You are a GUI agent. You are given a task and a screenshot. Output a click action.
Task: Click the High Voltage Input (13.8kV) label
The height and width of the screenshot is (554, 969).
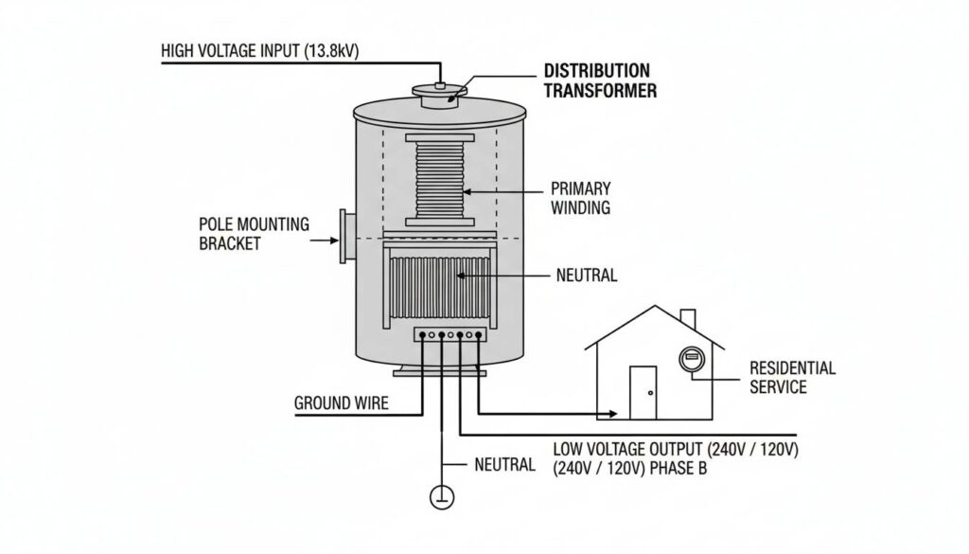pos(260,51)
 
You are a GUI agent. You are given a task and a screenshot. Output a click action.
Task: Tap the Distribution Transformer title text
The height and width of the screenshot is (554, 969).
pos(597,81)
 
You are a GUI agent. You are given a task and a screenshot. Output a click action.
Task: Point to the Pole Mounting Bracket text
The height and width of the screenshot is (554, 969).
pos(254,234)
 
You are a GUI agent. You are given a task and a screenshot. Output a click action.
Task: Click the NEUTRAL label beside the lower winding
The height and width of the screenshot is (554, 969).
pos(586,277)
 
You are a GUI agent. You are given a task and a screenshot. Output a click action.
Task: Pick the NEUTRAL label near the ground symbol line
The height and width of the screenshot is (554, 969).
pos(504,466)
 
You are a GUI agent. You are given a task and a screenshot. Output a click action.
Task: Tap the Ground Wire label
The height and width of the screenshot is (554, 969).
pos(341,403)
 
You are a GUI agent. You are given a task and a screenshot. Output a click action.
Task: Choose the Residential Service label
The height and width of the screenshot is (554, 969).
pos(792,377)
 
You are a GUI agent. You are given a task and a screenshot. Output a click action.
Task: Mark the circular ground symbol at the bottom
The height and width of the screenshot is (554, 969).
pos(440,495)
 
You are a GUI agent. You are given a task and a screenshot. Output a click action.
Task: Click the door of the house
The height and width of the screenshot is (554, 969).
pos(643,391)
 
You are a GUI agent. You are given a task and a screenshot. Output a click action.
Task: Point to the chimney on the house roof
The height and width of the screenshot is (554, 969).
pos(688,320)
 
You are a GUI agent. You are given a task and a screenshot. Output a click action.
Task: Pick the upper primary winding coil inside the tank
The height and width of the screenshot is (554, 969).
pos(438,180)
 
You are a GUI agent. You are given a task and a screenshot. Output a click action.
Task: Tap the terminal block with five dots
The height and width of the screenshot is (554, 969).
pos(450,334)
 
